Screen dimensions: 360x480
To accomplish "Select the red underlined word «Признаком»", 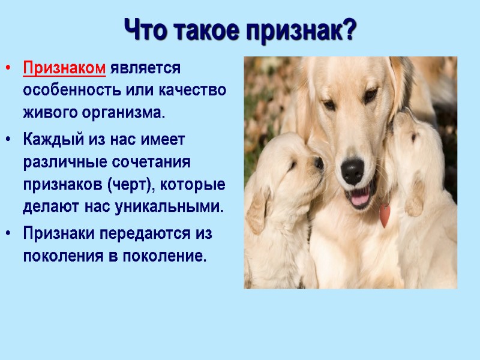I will [x=64, y=68].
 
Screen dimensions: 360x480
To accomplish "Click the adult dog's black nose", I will [x=352, y=170].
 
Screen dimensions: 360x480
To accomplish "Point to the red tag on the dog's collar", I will [x=384, y=215].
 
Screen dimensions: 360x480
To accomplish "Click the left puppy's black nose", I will [x=319, y=163].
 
